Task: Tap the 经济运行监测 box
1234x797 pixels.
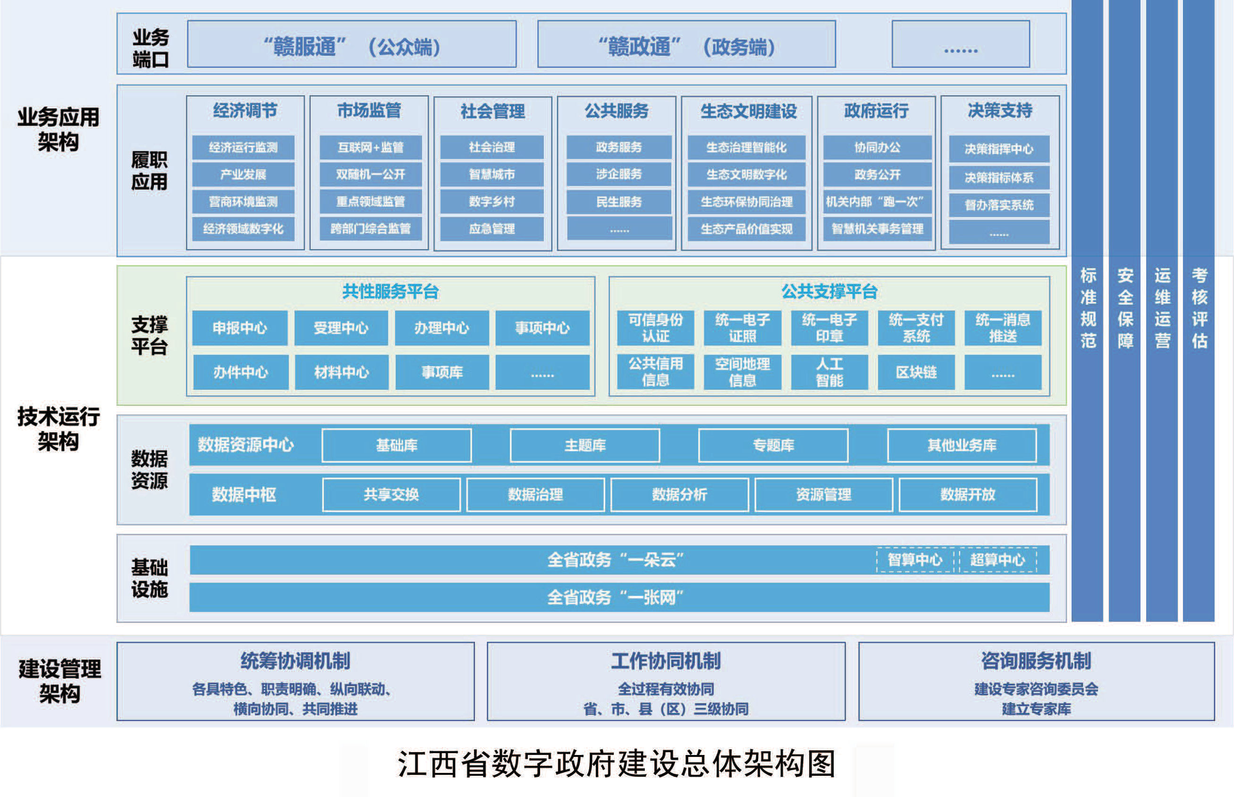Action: click(x=243, y=148)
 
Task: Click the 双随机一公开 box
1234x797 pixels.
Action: click(x=371, y=175)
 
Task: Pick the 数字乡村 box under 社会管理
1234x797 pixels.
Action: click(x=492, y=201)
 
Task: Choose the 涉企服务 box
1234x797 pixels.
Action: click(x=619, y=175)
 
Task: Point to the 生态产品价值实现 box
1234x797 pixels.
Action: click(x=746, y=229)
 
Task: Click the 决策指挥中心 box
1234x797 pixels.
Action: click(x=999, y=149)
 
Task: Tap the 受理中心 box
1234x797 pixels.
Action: click(x=341, y=327)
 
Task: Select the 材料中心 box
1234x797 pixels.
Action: click(x=342, y=372)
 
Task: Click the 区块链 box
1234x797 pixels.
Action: click(x=916, y=372)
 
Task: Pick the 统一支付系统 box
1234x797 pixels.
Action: click(x=916, y=327)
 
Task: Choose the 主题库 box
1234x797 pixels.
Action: click(x=585, y=445)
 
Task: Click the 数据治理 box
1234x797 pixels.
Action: click(x=535, y=495)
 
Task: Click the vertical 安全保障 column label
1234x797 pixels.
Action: click(x=1125, y=308)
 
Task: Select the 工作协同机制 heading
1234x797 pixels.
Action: click(x=666, y=662)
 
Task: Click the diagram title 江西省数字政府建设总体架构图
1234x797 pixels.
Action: click(x=616, y=764)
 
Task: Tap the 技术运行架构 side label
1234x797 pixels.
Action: click(x=59, y=429)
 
